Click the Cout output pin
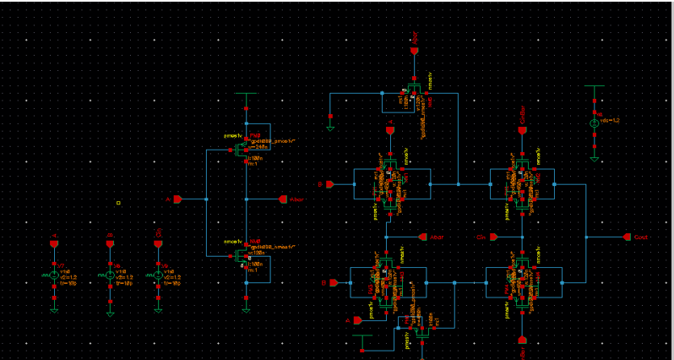click(627, 237)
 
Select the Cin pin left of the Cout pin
click(494, 237)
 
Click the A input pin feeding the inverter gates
click(177, 199)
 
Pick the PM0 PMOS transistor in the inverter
click(242, 152)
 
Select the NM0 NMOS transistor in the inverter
click(242, 254)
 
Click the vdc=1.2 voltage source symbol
click(595, 123)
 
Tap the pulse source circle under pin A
click(53, 275)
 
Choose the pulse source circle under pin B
click(110, 275)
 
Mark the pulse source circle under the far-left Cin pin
click(158, 275)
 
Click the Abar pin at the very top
click(414, 52)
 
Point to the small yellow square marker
click(119, 203)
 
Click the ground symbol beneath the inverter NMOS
click(246, 308)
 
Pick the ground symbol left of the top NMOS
click(330, 128)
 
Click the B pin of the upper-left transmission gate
click(329, 183)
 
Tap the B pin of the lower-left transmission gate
click(334, 282)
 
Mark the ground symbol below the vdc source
click(595, 158)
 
